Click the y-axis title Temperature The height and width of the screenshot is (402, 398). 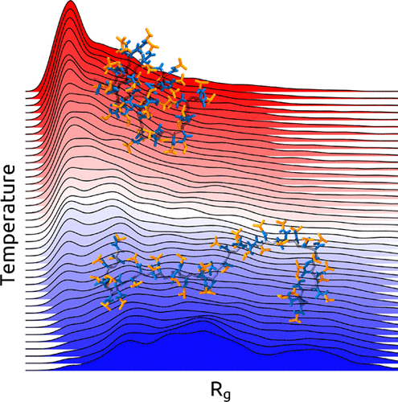click(8, 224)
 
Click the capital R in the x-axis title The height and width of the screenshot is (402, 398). click(215, 390)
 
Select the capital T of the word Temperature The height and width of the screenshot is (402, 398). click(7, 280)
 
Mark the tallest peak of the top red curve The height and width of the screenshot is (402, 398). click(71, 2)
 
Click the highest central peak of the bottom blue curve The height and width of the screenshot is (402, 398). click(203, 332)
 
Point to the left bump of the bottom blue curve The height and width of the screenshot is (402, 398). click(129, 342)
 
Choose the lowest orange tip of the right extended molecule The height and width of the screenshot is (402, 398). click(295, 321)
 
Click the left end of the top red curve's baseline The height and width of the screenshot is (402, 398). click(26, 91)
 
